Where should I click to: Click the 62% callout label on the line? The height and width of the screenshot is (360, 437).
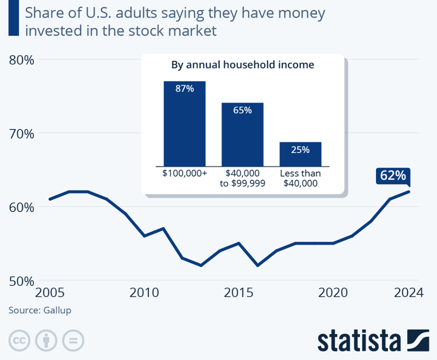(x=393, y=176)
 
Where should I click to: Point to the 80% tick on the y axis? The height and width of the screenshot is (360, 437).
(x=21, y=60)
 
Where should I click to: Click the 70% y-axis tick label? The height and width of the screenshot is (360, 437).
(x=21, y=134)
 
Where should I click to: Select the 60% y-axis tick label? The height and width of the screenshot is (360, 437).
(x=21, y=208)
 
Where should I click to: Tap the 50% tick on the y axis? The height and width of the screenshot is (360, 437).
(x=21, y=281)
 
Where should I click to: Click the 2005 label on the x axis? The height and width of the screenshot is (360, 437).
(x=50, y=293)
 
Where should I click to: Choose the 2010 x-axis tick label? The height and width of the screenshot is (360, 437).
(x=144, y=293)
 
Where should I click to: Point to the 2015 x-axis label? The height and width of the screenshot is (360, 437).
(x=239, y=293)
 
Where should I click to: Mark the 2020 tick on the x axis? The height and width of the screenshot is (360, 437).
(x=333, y=293)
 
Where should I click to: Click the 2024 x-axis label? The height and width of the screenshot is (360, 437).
(x=408, y=293)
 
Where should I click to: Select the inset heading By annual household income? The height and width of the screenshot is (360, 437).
(x=242, y=65)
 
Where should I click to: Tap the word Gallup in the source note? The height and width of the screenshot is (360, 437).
(x=57, y=310)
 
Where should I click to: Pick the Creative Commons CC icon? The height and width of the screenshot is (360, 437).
(x=19, y=340)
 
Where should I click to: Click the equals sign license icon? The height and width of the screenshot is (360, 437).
(x=73, y=340)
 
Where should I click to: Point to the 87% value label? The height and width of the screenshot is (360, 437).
(x=184, y=89)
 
